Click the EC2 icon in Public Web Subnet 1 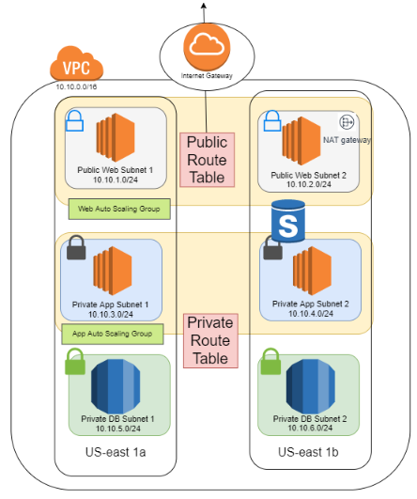click(x=113, y=138)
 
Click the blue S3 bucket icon click(x=289, y=222)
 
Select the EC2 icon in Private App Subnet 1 click(x=112, y=270)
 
